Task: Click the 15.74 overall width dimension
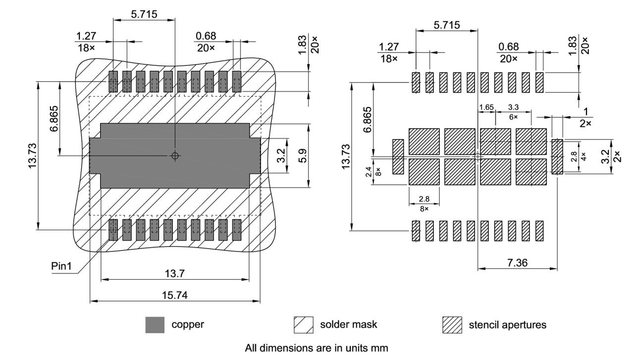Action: (174, 295)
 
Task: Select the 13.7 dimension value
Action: (174, 273)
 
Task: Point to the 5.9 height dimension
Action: (303, 155)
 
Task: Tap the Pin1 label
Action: (62, 266)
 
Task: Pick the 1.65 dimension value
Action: (486, 107)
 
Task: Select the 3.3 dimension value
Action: (513, 107)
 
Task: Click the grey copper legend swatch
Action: (155, 325)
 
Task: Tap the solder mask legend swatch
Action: (303, 325)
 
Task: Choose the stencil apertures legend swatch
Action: (452, 325)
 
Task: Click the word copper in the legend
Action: (188, 325)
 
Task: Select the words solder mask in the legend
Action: (348, 325)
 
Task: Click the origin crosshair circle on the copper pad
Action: (174, 156)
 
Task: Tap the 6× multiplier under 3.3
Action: (513, 117)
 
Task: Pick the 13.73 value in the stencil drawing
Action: (346, 155)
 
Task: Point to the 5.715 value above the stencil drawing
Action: (446, 25)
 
